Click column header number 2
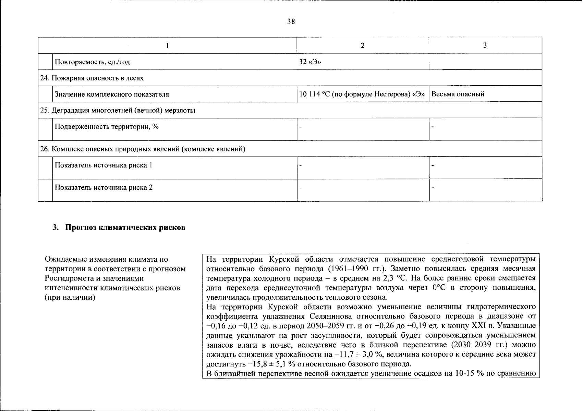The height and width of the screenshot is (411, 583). [x=363, y=46]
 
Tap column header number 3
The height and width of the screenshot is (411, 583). [x=485, y=46]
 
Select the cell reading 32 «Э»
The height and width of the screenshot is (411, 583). [x=310, y=62]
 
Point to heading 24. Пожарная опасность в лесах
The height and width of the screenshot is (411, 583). [x=92, y=78]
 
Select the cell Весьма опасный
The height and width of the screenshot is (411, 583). [x=458, y=94]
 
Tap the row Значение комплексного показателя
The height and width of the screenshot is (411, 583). [x=112, y=94]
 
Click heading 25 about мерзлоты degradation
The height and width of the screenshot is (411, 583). [x=118, y=111]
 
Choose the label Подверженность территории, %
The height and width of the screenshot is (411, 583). [x=107, y=127]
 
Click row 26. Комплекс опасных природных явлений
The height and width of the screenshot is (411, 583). [x=143, y=149]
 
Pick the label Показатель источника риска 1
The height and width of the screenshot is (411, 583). [x=104, y=165]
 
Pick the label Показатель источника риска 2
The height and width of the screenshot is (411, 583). [x=104, y=188]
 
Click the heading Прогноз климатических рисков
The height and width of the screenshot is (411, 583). [x=125, y=228]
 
